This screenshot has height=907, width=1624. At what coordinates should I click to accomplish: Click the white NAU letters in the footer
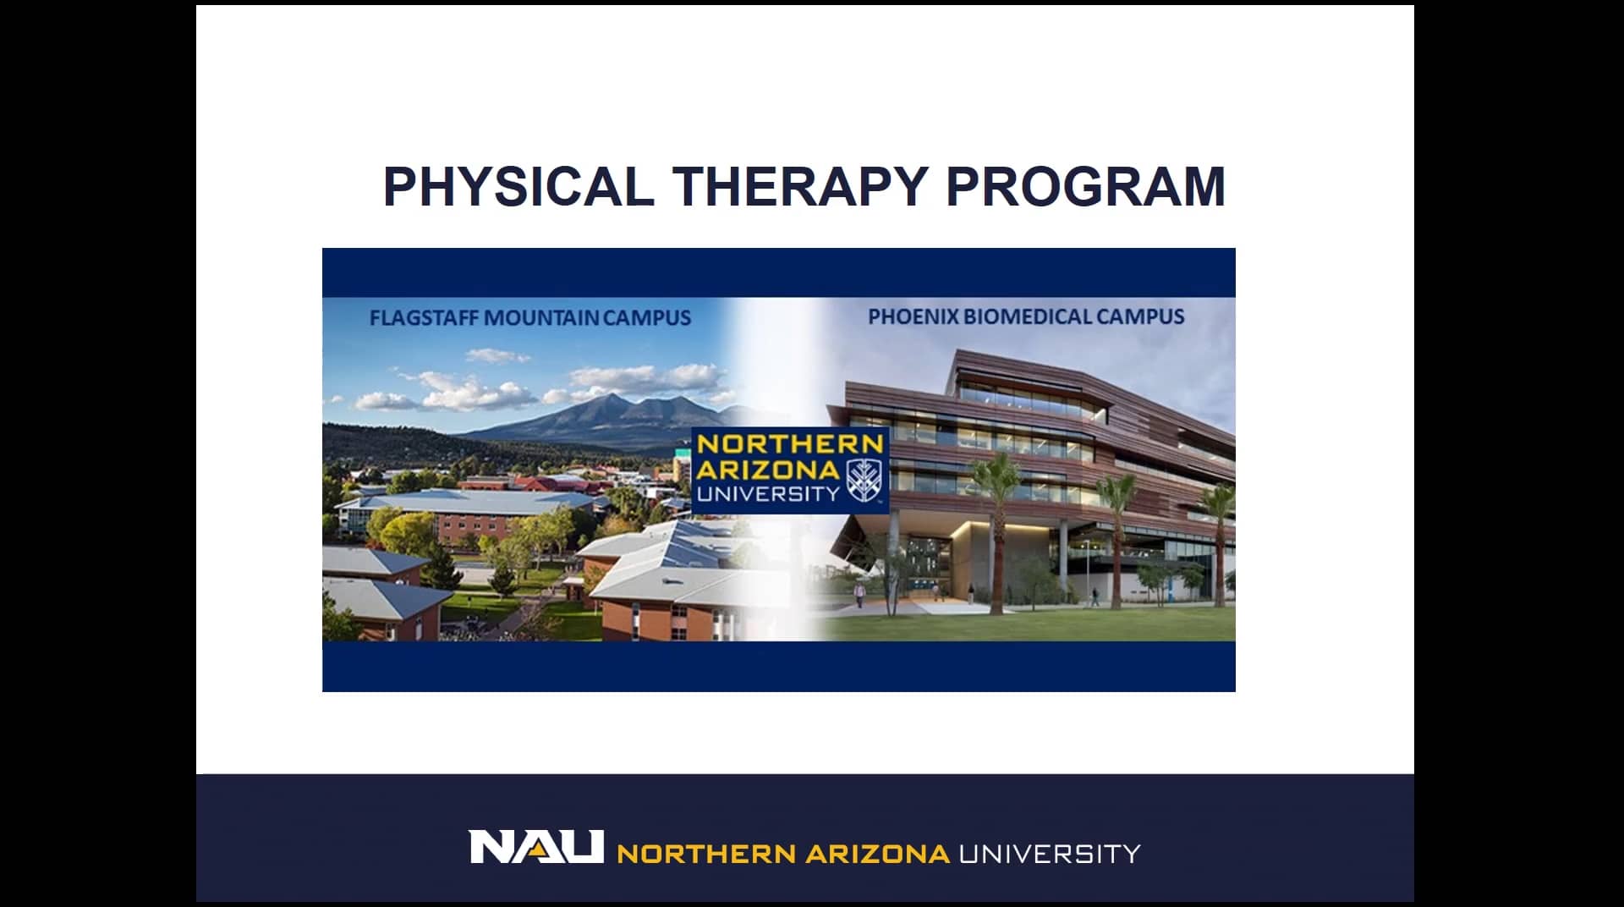point(536,847)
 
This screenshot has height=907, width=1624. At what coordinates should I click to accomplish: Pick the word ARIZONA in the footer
point(876,853)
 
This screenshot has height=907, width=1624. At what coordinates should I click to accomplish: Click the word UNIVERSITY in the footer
point(1049,853)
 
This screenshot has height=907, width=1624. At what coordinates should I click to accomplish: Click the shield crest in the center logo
point(864,481)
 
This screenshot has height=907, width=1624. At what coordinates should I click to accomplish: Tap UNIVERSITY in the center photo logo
point(768,493)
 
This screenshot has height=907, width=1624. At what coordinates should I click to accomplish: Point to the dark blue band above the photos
point(778,272)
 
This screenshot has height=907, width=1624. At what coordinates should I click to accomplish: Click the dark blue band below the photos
point(778,666)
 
